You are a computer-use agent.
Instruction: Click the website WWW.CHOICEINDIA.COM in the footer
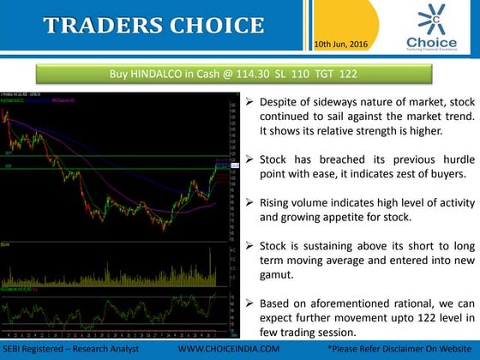click(228, 350)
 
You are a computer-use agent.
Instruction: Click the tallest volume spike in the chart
click(209, 258)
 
